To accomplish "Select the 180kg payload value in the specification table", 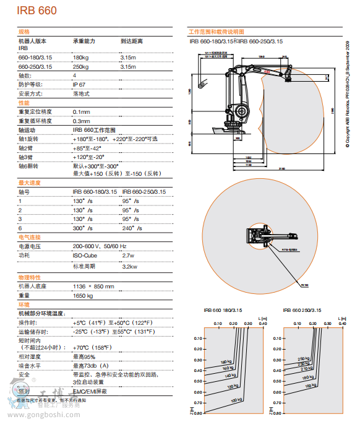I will tap(81, 58).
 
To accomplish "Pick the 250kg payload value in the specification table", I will tap(81, 66).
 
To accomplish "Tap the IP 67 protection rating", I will tap(79, 84).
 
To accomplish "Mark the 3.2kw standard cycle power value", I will tap(129, 266).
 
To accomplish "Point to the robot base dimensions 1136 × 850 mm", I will tap(93, 286).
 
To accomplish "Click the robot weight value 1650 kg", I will tap(82, 296).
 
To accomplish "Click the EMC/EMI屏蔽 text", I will tap(90, 391).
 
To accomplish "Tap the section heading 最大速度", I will tap(30, 183).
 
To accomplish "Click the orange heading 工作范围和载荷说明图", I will tap(216, 31).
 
